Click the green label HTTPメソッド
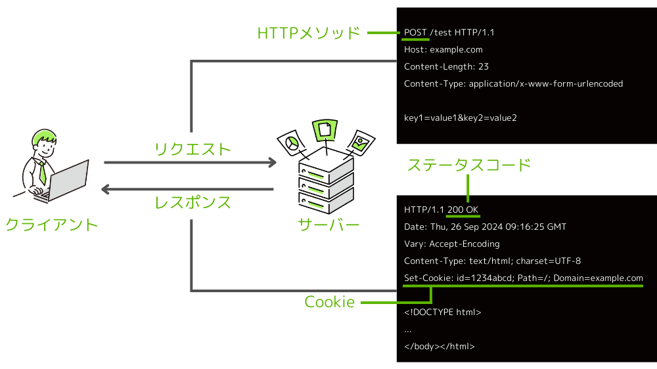(309, 32)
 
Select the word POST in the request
(415, 32)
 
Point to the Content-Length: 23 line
(446, 66)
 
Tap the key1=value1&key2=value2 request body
(460, 118)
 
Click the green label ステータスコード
(468, 165)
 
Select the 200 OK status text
(463, 209)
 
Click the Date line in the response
(485, 227)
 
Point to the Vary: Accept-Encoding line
(452, 244)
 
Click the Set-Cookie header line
(524, 278)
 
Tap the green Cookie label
(329, 302)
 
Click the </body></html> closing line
(440, 346)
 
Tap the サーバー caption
(328, 225)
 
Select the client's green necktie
(42, 172)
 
